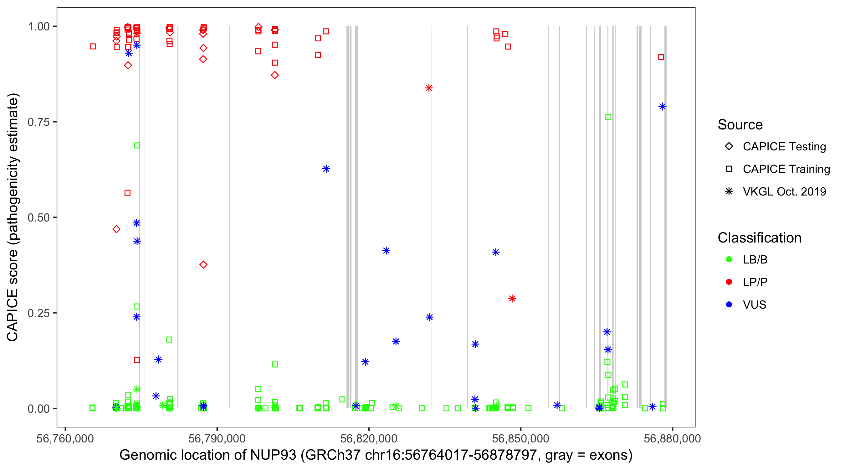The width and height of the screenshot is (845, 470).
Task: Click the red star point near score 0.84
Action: point(429,88)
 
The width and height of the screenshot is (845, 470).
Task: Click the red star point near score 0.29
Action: point(512,299)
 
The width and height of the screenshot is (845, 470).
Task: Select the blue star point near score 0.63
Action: point(326,169)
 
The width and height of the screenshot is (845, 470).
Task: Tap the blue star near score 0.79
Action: point(662,107)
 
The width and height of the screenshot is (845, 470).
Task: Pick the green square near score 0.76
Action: point(608,117)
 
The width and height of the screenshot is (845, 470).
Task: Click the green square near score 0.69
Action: point(137,145)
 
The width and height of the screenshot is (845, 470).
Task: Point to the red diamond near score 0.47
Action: point(116,229)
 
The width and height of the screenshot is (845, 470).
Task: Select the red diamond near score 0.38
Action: point(203,265)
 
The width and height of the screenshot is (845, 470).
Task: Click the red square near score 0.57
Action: point(128,193)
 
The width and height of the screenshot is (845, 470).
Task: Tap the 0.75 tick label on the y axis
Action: point(38,122)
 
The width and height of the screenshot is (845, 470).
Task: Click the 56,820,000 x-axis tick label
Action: point(369,438)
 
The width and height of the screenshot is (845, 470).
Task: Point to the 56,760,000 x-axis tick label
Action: point(65,438)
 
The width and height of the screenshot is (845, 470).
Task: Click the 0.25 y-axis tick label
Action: point(38,313)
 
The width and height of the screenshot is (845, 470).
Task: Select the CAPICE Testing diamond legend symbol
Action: point(729,147)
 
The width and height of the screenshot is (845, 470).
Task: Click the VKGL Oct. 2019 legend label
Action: point(784,191)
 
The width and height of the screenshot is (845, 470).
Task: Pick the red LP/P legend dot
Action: point(729,282)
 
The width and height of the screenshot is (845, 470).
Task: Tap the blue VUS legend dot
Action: point(729,305)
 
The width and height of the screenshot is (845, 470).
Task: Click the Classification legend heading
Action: point(759,238)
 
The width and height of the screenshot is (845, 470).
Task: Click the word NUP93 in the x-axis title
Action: point(273,455)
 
